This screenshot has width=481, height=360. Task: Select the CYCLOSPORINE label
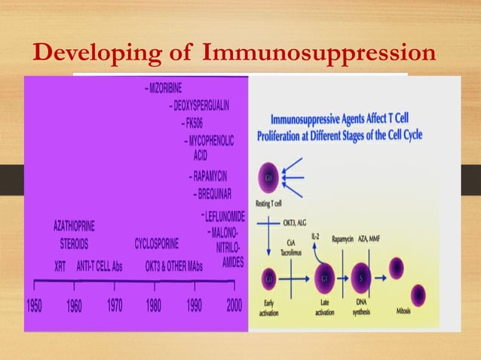pyautogui.click(x=157, y=244)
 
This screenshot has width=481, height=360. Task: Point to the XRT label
pyautogui.click(x=61, y=266)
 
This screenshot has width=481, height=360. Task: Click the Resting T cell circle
pyautogui.click(x=269, y=178)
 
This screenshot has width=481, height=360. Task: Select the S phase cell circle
pyautogui.click(x=361, y=277)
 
